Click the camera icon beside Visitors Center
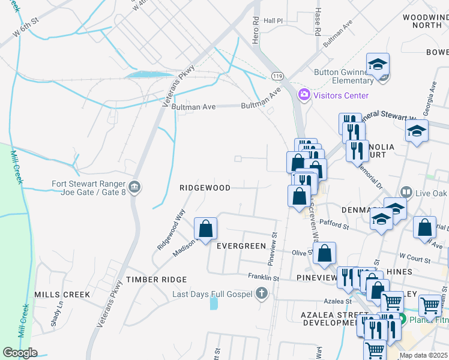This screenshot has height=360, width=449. pyautogui.click(x=304, y=95)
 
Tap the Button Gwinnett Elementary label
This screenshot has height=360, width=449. pyautogui.click(x=344, y=76)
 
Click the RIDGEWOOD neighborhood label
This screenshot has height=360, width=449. pyautogui.click(x=205, y=188)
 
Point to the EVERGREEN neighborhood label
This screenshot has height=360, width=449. pyautogui.click(x=241, y=246)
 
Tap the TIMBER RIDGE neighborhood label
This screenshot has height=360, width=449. pyautogui.click(x=156, y=280)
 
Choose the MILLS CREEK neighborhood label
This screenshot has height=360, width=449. pyautogui.click(x=62, y=295)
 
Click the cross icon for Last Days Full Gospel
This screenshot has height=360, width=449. pyautogui.click(x=261, y=294)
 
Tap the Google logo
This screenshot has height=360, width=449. pyautogui.click(x=20, y=353)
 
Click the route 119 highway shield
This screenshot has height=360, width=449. pyautogui.click(x=277, y=76)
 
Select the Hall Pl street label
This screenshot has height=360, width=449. pyautogui.click(x=273, y=20)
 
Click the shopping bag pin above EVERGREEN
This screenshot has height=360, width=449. pyautogui.click(x=205, y=229)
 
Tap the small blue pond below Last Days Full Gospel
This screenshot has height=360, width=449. pyautogui.click(x=214, y=303)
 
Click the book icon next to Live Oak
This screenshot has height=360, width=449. pyautogui.click(x=406, y=192)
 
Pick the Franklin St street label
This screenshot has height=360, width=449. pyautogui.click(x=264, y=278)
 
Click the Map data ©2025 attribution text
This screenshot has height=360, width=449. pyautogui.click(x=423, y=355)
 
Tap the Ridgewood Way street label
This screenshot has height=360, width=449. pyautogui.click(x=170, y=229)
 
